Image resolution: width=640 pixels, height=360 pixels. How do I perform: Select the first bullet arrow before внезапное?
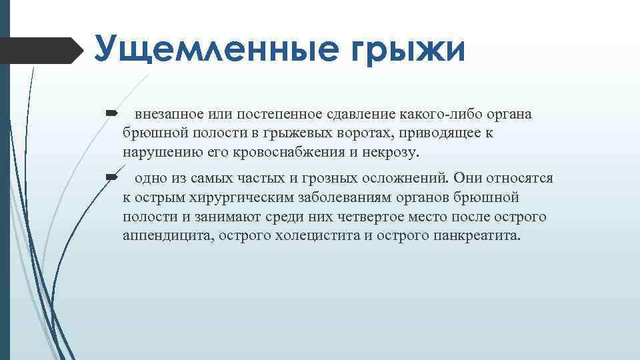pos(111,114)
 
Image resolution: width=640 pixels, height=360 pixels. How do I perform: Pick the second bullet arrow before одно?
pos(111,179)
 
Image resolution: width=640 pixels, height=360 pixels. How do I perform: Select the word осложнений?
pos(407,179)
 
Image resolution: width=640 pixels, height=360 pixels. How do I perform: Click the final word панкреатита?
pos(475,236)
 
